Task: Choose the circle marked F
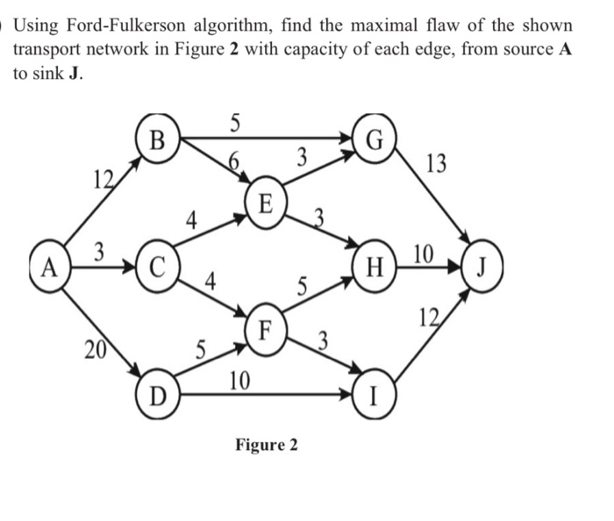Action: (267, 331)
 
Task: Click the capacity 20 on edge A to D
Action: (91, 350)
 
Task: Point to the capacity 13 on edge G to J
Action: (435, 164)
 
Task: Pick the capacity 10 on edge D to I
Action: (238, 380)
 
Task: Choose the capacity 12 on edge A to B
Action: (104, 180)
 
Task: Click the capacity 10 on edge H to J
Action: (422, 254)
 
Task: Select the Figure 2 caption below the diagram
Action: (267, 445)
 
